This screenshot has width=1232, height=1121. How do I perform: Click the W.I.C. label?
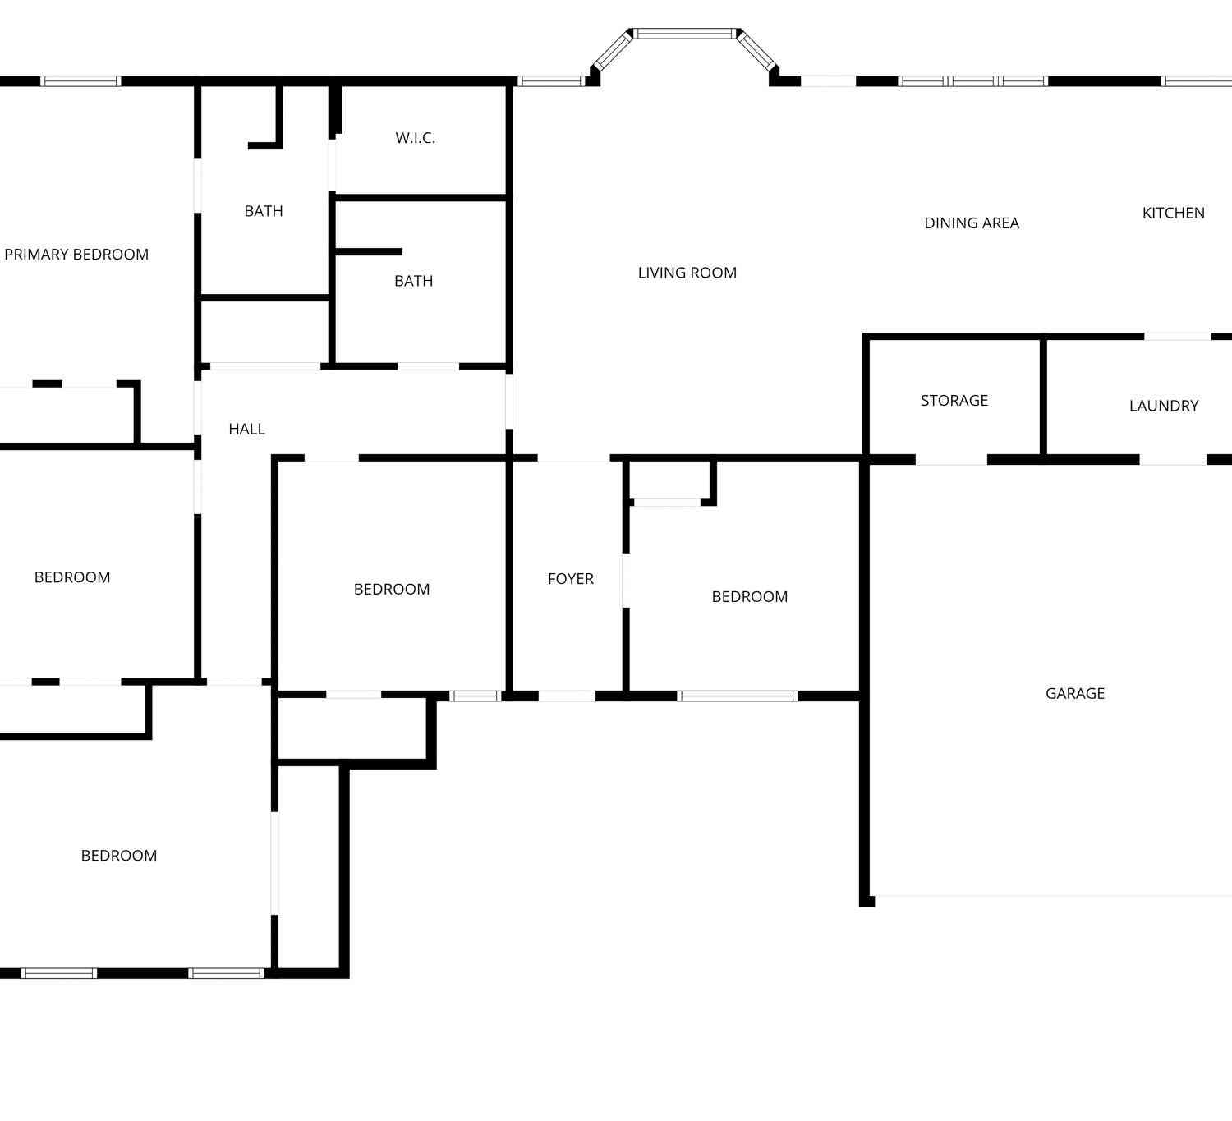point(415,138)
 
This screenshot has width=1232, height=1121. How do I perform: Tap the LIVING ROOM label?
point(687,273)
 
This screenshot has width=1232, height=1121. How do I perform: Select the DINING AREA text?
point(972,223)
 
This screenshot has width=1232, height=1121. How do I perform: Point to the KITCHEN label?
point(1173,214)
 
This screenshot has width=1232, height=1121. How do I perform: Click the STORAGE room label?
point(954,401)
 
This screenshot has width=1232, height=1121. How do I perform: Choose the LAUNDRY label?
point(1164,406)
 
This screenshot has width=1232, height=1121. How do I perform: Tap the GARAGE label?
point(1075,693)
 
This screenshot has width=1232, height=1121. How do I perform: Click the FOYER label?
point(571,579)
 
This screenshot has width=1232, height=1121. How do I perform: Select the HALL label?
point(247,430)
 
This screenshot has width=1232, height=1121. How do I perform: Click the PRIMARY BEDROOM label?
point(76,255)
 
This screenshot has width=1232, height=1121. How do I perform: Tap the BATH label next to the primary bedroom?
point(264,211)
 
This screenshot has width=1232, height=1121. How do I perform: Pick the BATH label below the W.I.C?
point(413,282)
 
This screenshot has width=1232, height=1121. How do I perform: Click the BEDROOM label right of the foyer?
point(749,596)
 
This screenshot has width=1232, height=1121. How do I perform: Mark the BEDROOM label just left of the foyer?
point(391,589)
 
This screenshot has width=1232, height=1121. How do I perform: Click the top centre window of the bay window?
point(685,34)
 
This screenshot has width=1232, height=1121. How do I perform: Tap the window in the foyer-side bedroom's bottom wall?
point(737,696)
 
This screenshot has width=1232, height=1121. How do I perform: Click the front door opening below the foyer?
point(567,696)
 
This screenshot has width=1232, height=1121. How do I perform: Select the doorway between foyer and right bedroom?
point(626,581)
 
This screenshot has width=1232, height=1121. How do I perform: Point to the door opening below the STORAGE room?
point(951,459)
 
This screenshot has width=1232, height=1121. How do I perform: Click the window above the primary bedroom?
point(80,81)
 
